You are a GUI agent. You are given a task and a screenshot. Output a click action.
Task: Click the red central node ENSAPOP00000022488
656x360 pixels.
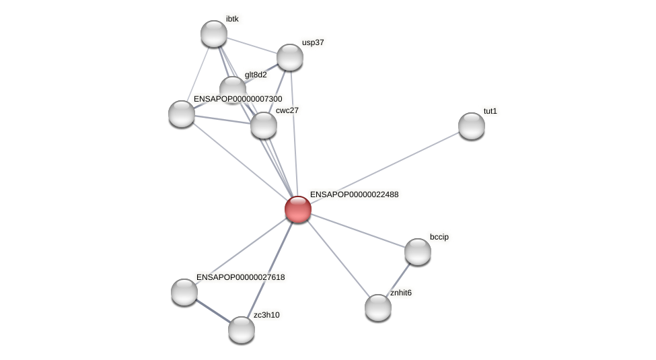click(x=297, y=209)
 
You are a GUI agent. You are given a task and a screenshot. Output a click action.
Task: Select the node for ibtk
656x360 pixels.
click(x=214, y=34)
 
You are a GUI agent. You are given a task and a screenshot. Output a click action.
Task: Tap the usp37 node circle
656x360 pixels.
click(x=290, y=57)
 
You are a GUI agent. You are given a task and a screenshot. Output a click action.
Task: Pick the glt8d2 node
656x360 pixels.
click(x=233, y=89)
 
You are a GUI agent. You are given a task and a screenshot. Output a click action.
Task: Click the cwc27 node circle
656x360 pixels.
click(x=264, y=124)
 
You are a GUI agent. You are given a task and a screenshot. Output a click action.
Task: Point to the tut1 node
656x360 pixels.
click(x=472, y=126)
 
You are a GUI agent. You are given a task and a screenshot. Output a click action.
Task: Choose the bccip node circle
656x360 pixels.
click(x=418, y=252)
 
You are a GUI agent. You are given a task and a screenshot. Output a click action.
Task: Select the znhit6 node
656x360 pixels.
click(x=378, y=308)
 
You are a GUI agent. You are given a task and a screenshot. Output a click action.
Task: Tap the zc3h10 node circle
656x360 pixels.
click(x=242, y=330)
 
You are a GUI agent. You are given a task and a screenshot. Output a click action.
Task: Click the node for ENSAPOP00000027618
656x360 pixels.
click(x=184, y=292)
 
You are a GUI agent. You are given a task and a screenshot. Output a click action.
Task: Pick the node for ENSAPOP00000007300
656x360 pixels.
click(x=182, y=114)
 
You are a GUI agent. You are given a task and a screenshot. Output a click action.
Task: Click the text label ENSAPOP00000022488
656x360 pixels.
click(x=354, y=194)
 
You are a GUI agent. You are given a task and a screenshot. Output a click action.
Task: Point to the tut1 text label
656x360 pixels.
click(x=490, y=111)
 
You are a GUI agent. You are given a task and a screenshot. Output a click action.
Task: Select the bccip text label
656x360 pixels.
click(x=439, y=237)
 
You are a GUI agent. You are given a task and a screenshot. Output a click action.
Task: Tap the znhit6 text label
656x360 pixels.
click(x=401, y=293)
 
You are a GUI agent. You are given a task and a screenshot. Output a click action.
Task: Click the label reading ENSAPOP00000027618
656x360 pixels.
click(x=240, y=277)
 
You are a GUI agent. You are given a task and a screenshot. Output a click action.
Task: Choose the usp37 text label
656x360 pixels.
click(x=313, y=43)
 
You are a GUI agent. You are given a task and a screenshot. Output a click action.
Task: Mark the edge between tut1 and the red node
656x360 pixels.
click(x=384, y=168)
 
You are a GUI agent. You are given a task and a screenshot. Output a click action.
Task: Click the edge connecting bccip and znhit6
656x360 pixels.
click(x=398, y=279)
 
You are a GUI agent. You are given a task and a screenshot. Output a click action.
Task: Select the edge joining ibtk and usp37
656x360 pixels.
click(x=252, y=45)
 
